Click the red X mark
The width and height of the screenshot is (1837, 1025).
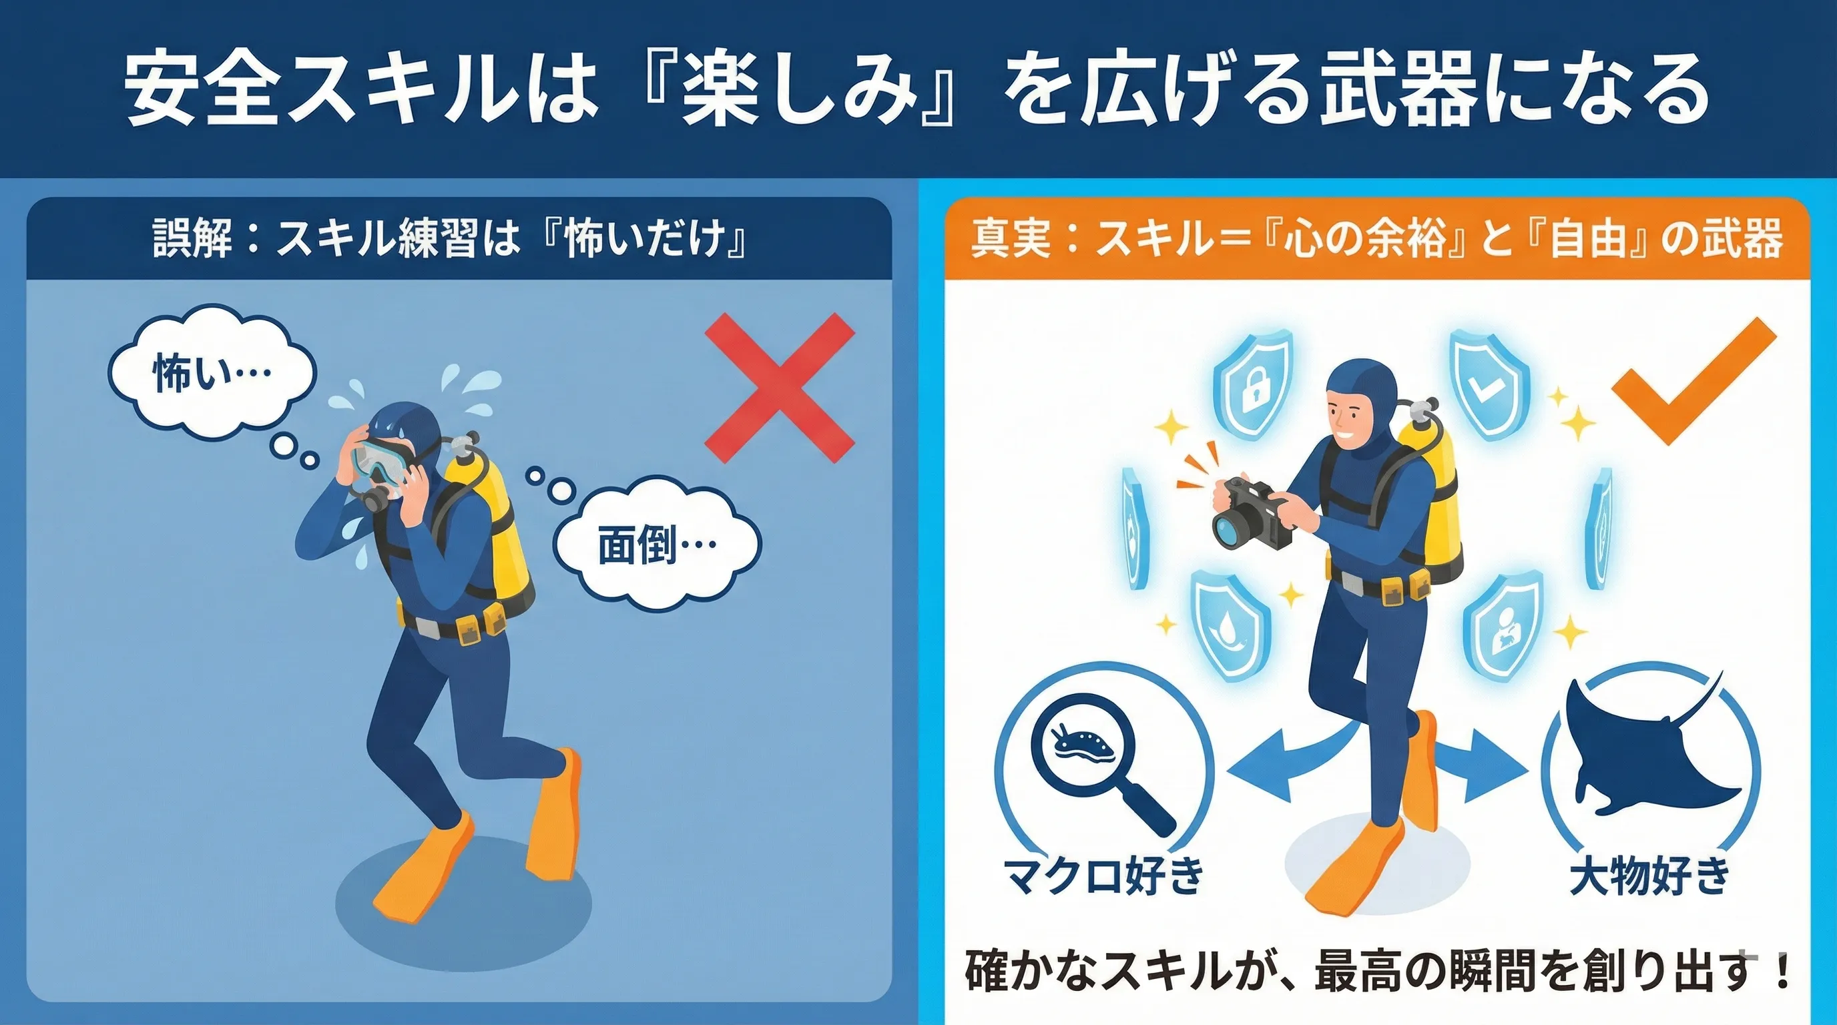pyautogui.click(x=780, y=388)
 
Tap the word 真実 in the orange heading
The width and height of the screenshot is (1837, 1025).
pyautogui.click(x=1011, y=238)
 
